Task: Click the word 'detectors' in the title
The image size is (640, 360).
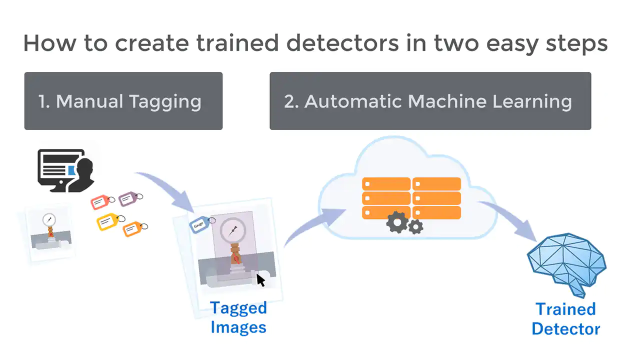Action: (342, 43)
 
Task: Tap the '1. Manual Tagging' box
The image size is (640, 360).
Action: (123, 101)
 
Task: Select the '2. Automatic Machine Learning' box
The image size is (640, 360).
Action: (430, 101)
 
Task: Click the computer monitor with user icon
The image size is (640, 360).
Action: (66, 170)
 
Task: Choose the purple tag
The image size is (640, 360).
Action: (130, 198)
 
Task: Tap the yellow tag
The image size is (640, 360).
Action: (110, 221)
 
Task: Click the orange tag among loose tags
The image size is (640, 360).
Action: (135, 228)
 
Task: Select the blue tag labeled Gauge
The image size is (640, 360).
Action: (202, 224)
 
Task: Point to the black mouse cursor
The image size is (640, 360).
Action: (260, 280)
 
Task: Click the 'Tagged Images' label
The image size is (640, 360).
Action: (238, 317)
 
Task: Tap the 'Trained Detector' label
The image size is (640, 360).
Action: (565, 319)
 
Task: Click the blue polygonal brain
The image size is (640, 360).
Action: (566, 264)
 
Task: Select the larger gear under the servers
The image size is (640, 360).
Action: (397, 222)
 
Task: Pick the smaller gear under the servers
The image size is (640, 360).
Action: (415, 227)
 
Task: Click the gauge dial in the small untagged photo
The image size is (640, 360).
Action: (49, 220)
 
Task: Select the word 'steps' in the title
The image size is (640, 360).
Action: (577, 44)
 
